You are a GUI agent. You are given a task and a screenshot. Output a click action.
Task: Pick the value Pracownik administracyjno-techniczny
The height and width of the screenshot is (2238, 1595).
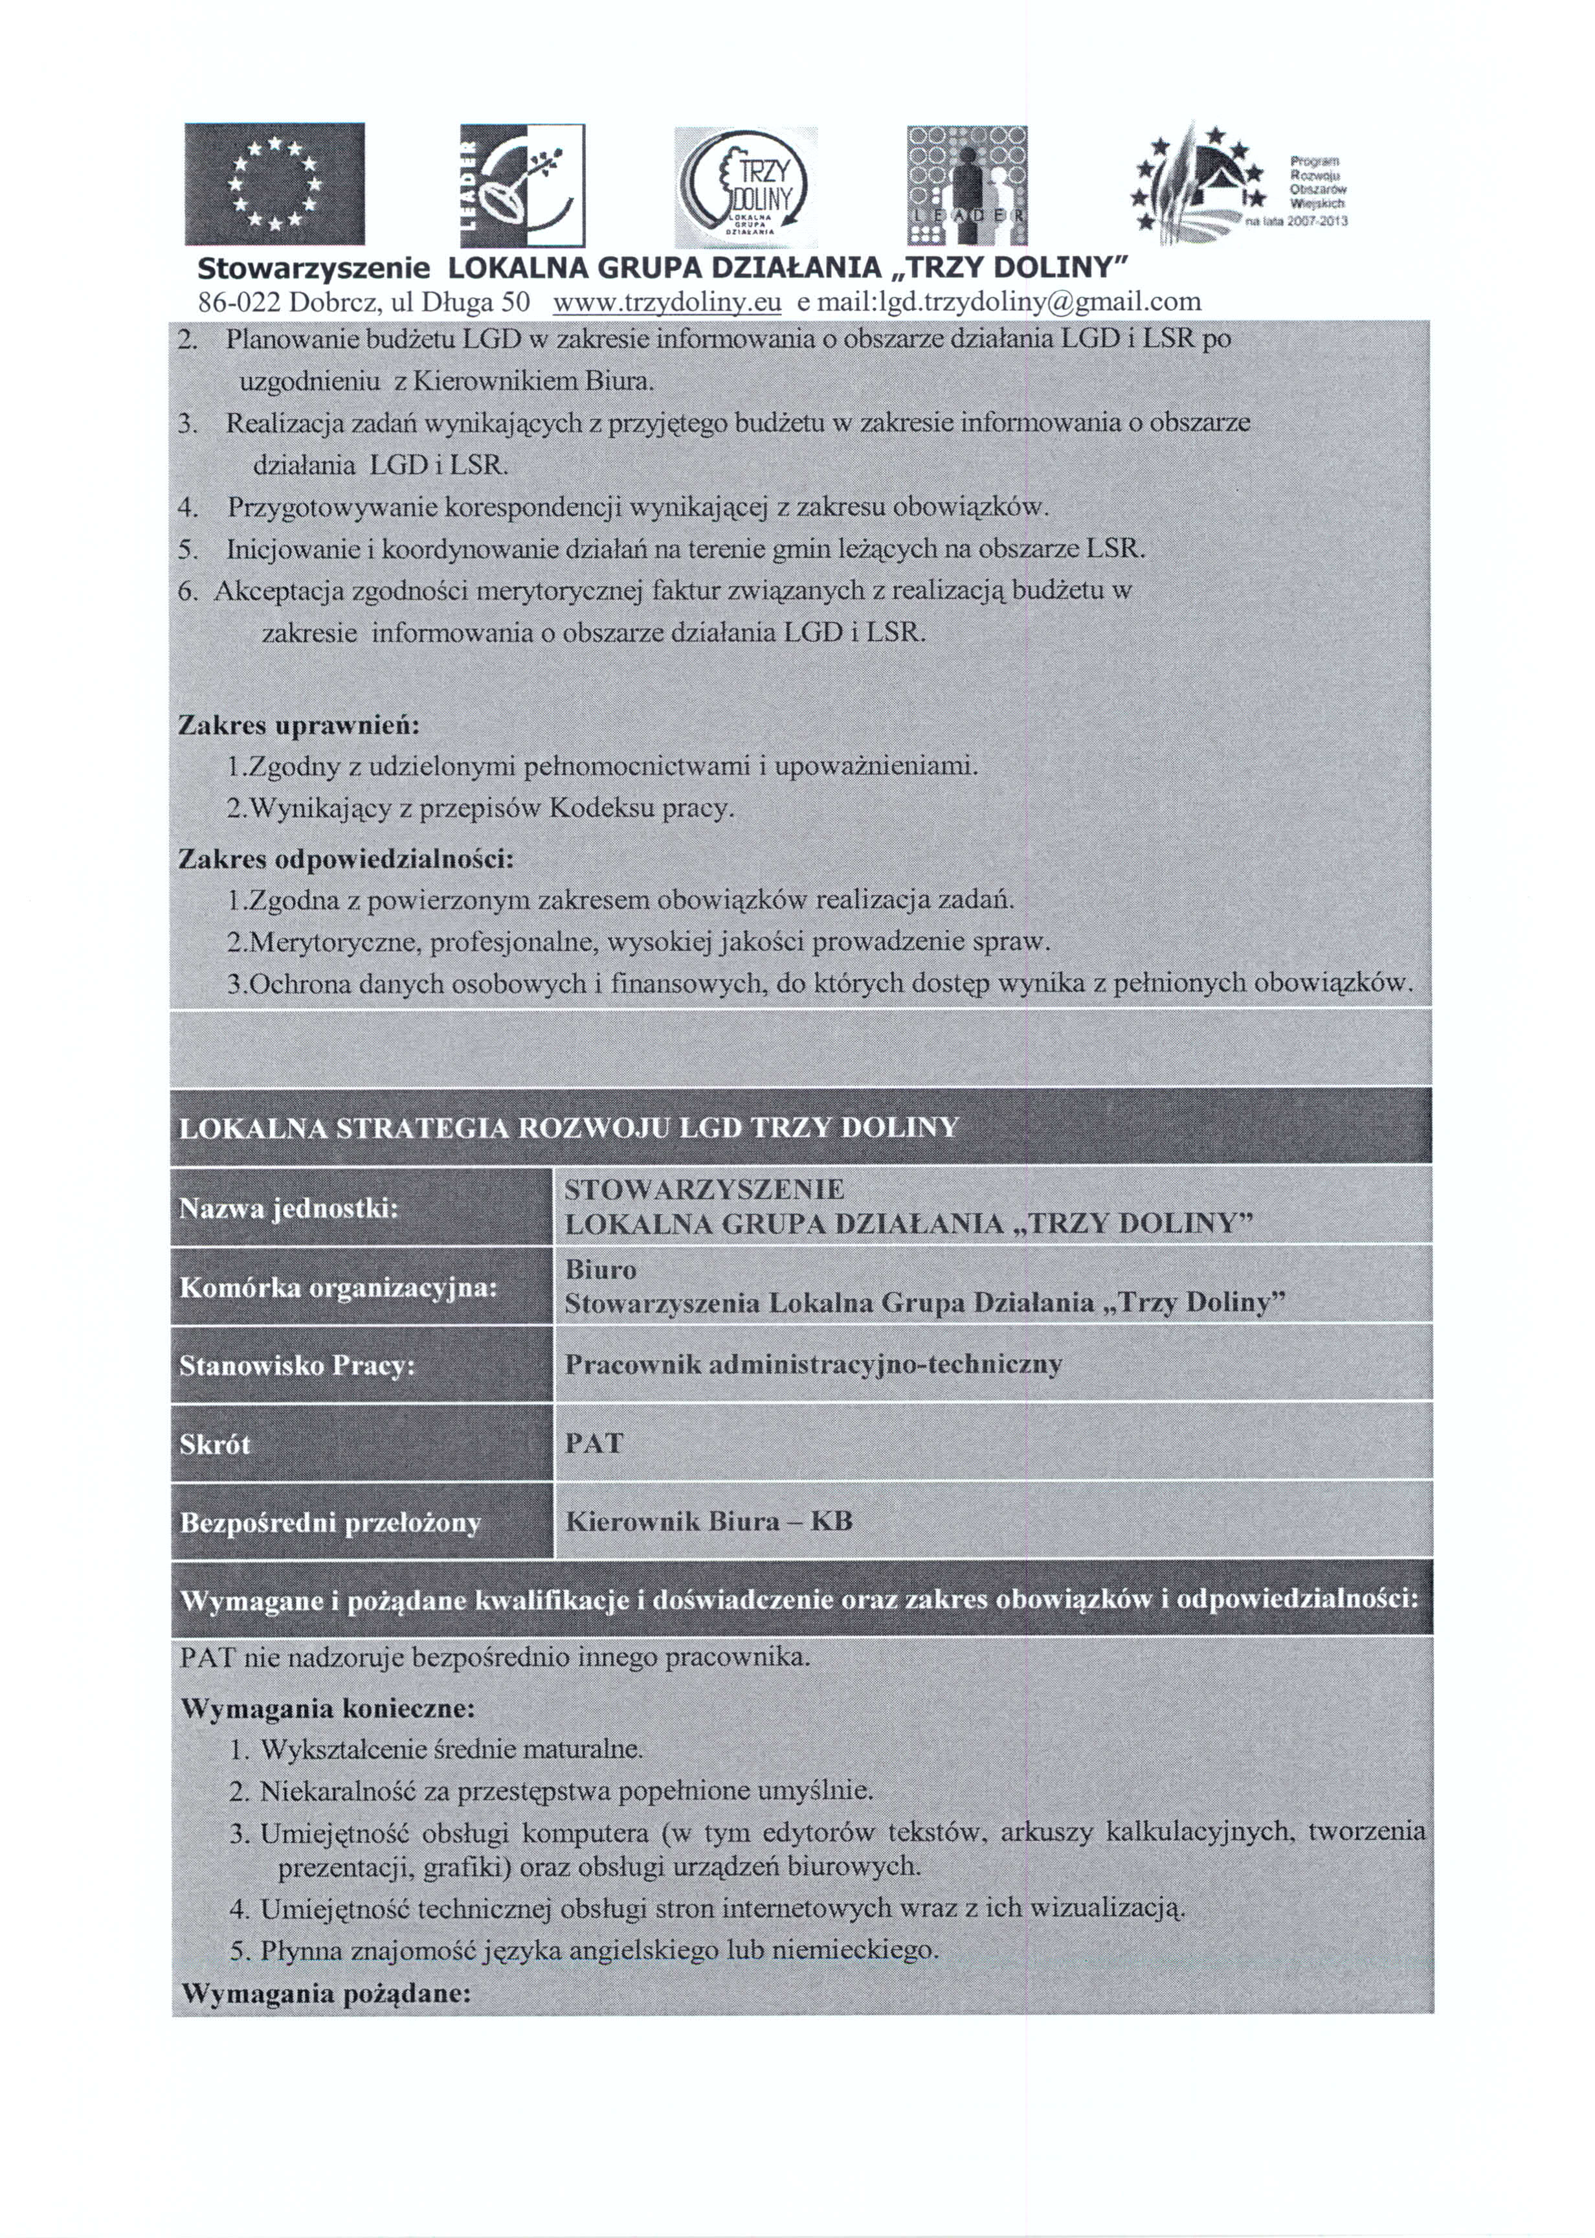[x=813, y=1364]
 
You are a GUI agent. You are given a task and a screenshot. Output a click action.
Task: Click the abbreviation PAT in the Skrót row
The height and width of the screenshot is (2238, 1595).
[x=594, y=1443]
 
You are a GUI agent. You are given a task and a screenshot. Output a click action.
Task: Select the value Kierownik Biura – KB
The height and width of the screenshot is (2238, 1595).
[x=709, y=1522]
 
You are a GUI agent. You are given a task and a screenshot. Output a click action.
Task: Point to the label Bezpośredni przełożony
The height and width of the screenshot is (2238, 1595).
[x=330, y=1523]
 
